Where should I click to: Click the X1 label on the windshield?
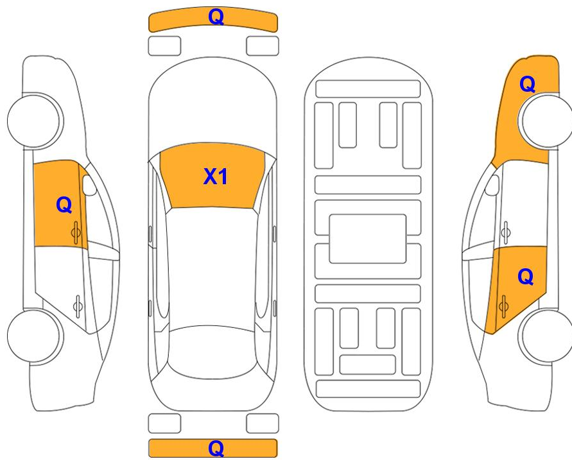tap(215, 176)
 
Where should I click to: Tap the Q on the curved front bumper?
tap(216, 17)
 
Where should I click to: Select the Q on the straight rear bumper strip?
tap(216, 449)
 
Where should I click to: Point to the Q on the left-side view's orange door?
tap(64, 205)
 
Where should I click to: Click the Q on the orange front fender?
tap(527, 84)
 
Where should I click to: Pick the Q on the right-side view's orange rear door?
tap(525, 277)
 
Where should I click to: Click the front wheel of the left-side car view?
tap(35, 121)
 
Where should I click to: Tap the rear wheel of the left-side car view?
tap(35, 336)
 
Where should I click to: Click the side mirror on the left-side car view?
tap(89, 185)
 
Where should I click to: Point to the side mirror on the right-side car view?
tap(492, 185)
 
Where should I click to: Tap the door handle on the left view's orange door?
tap(76, 232)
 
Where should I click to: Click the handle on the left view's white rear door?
tap(77, 305)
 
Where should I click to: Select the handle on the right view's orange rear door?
tap(504, 305)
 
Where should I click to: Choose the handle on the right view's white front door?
tap(506, 232)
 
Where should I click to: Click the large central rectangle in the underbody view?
tap(368, 239)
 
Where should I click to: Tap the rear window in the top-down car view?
tap(212, 352)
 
